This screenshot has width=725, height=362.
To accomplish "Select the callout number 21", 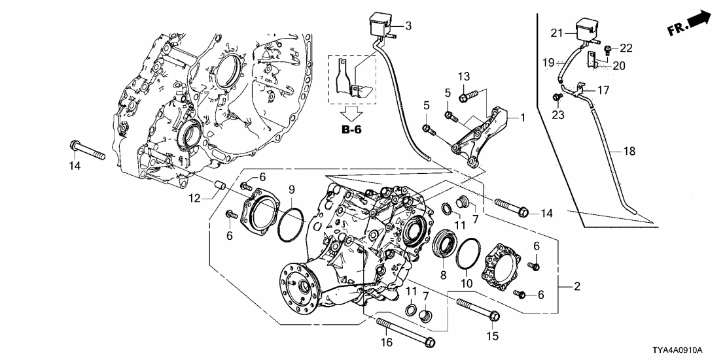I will click(557, 33).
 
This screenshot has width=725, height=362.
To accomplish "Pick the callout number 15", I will click(491, 336).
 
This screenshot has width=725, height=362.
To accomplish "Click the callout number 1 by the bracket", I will click(522, 118).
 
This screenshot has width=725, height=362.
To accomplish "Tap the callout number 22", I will click(627, 48).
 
